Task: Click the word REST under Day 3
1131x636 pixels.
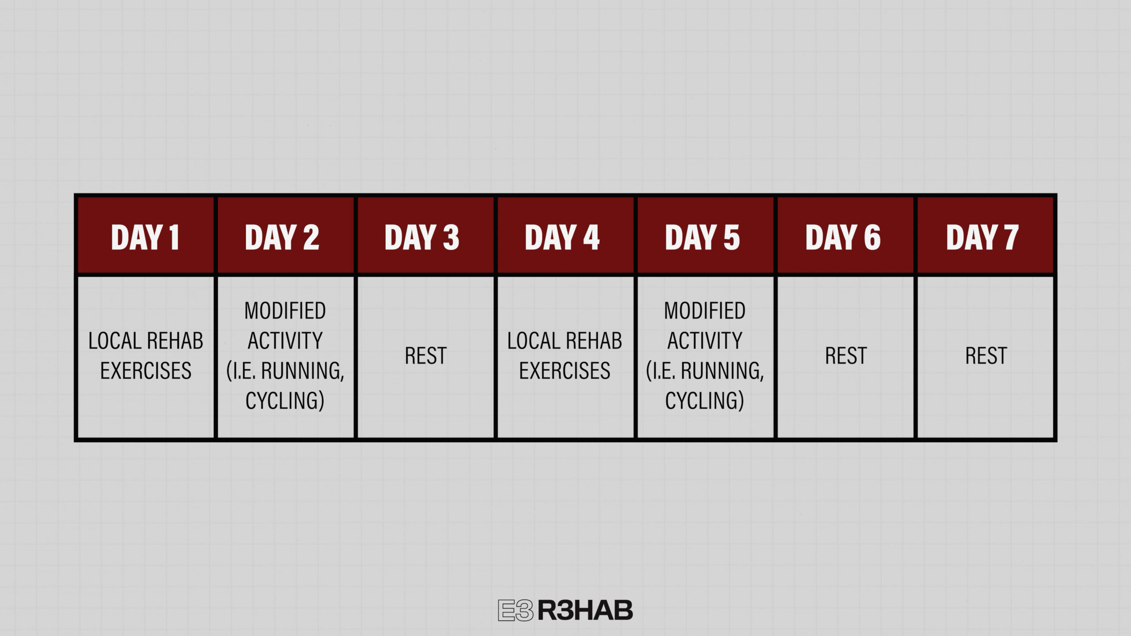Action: (425, 356)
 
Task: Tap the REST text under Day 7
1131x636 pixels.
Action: (986, 356)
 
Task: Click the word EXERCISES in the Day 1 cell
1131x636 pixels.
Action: (146, 370)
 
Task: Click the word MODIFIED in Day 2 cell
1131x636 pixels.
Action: (285, 311)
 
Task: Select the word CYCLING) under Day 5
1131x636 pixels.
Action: (705, 401)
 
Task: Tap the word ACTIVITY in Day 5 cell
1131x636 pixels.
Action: (705, 341)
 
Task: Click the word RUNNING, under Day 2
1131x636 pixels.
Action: (303, 371)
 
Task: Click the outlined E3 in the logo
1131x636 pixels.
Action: (516, 610)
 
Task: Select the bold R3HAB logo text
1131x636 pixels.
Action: (585, 610)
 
